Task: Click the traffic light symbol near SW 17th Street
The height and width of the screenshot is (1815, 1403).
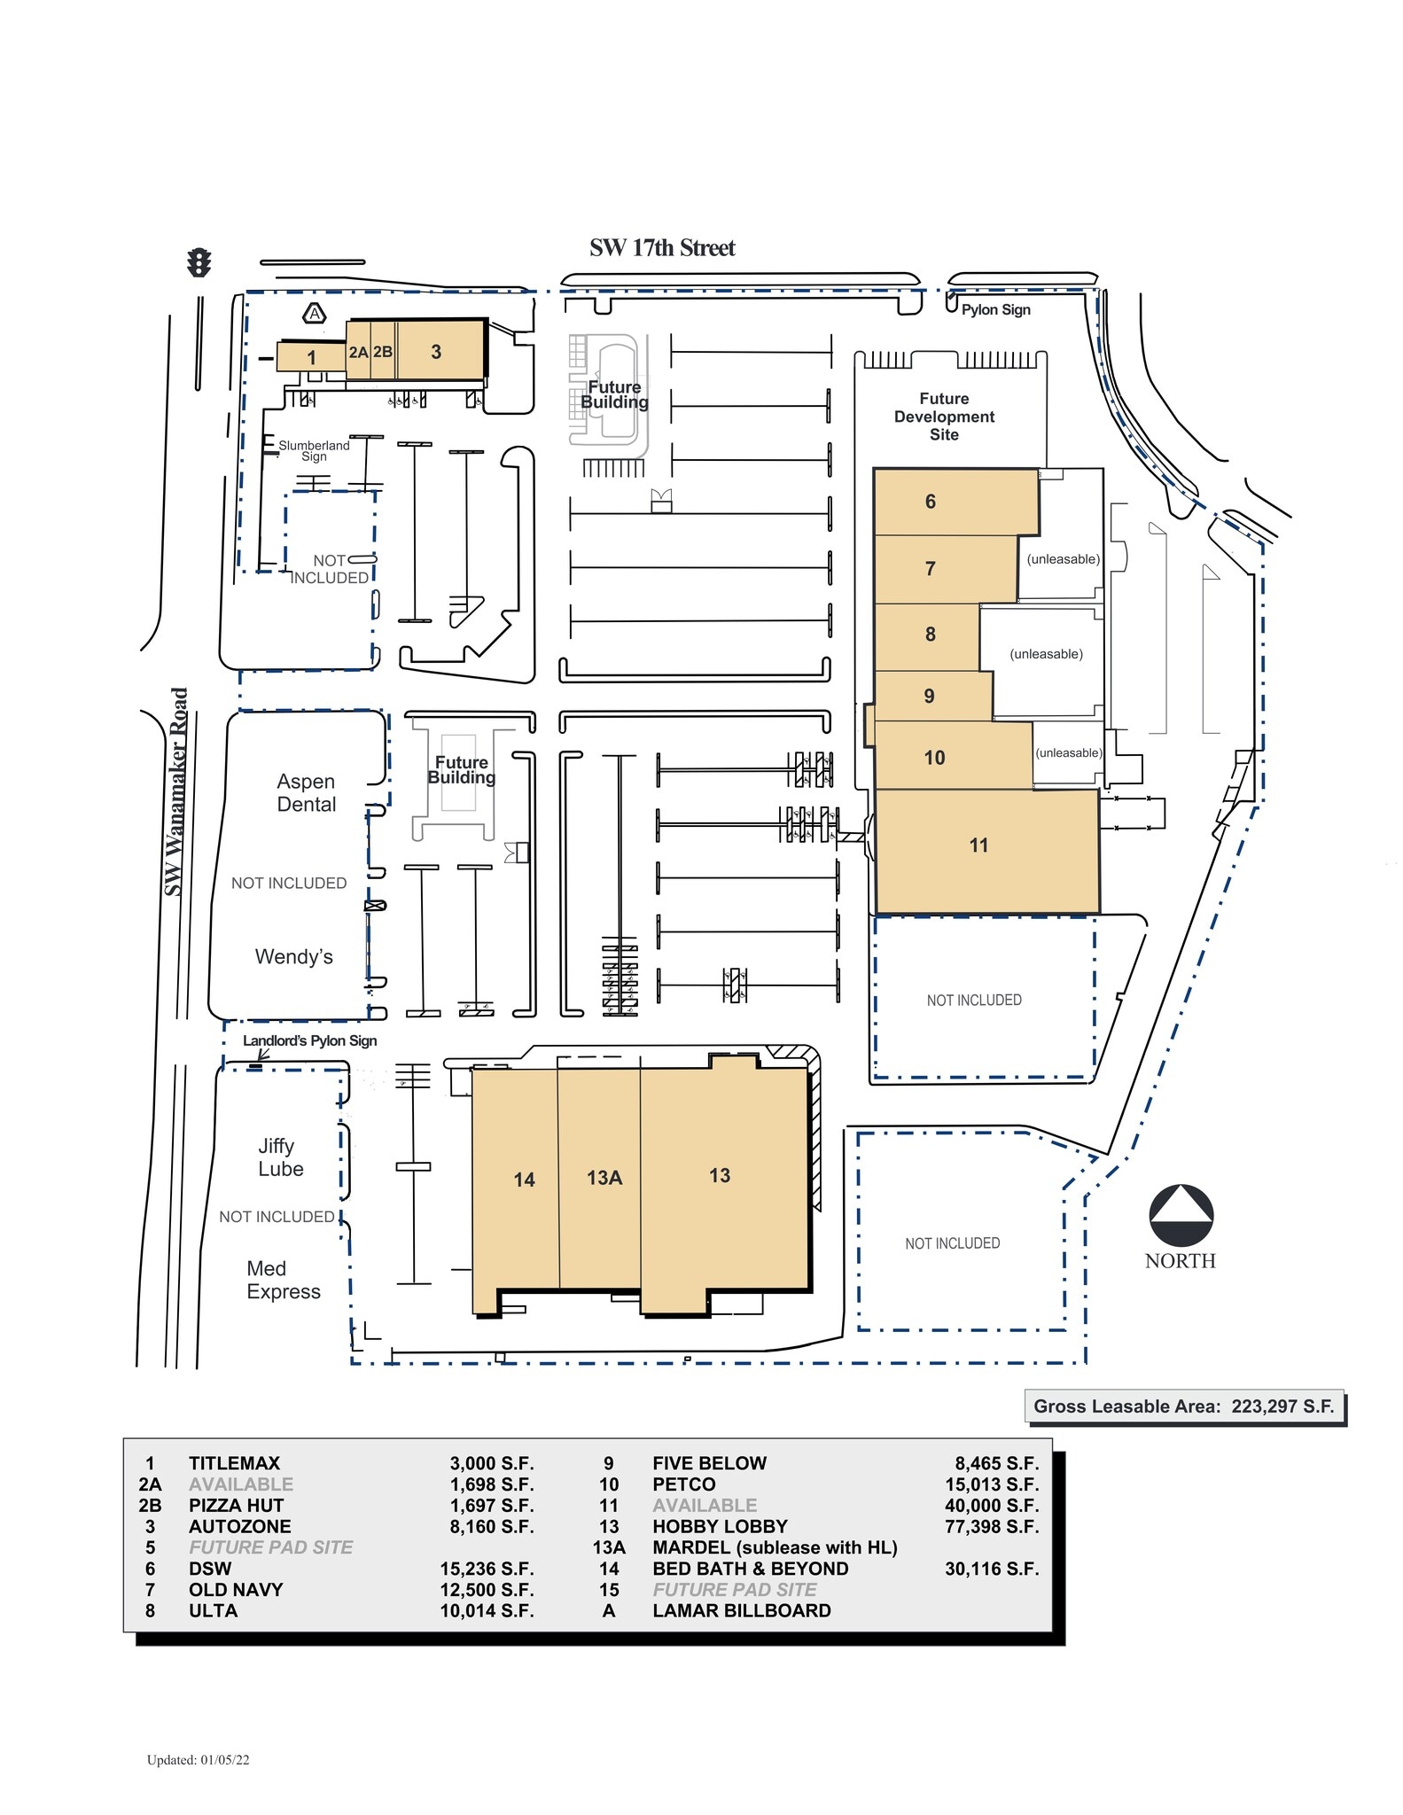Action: (x=199, y=263)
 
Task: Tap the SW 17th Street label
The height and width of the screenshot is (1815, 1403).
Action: (x=662, y=248)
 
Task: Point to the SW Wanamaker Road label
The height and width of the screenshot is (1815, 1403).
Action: (x=177, y=791)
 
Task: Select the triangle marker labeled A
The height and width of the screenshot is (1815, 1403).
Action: (x=315, y=314)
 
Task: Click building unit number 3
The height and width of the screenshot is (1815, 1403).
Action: (x=436, y=352)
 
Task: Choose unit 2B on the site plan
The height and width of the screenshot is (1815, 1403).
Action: (x=383, y=352)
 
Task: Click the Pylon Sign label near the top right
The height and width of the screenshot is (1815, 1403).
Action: (x=995, y=309)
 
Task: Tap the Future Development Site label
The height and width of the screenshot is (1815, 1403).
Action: (x=944, y=417)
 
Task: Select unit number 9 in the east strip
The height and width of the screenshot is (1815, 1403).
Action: (x=929, y=697)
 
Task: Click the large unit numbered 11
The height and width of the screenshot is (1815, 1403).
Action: (x=978, y=845)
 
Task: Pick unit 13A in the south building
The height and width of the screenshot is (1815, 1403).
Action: (x=604, y=1178)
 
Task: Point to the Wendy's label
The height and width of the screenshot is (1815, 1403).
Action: (x=293, y=957)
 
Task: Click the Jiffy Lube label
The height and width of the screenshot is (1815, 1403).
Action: (x=280, y=1157)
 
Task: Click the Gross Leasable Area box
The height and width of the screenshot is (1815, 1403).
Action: (x=1183, y=1406)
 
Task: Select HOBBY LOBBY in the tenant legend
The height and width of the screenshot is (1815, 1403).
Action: (x=720, y=1526)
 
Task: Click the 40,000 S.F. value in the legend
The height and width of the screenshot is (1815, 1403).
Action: (x=991, y=1505)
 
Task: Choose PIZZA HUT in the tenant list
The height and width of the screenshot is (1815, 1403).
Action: (x=236, y=1505)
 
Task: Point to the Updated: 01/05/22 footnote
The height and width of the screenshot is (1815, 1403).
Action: (x=198, y=1760)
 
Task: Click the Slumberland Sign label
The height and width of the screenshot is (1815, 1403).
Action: (x=314, y=450)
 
